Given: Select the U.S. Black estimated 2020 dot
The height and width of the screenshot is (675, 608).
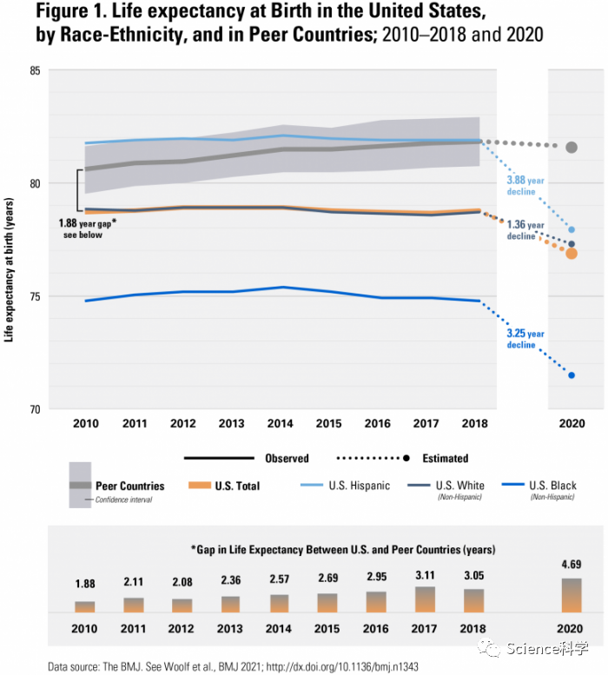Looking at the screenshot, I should (572, 375).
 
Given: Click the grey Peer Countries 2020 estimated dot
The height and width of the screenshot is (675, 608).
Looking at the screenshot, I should (572, 148).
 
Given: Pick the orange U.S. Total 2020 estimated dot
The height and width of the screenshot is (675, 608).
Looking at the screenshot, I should (572, 254).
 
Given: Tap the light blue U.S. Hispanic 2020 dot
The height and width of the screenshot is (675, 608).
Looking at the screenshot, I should (572, 229).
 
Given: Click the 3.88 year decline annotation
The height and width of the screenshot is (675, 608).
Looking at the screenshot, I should (525, 186).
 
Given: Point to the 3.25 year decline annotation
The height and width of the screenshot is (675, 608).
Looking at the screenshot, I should (525, 339).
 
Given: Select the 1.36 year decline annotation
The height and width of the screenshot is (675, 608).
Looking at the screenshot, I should (525, 230).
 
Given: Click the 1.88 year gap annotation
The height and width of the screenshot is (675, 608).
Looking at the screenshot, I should (88, 228).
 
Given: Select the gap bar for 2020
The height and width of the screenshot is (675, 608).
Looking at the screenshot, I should (571, 595).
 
